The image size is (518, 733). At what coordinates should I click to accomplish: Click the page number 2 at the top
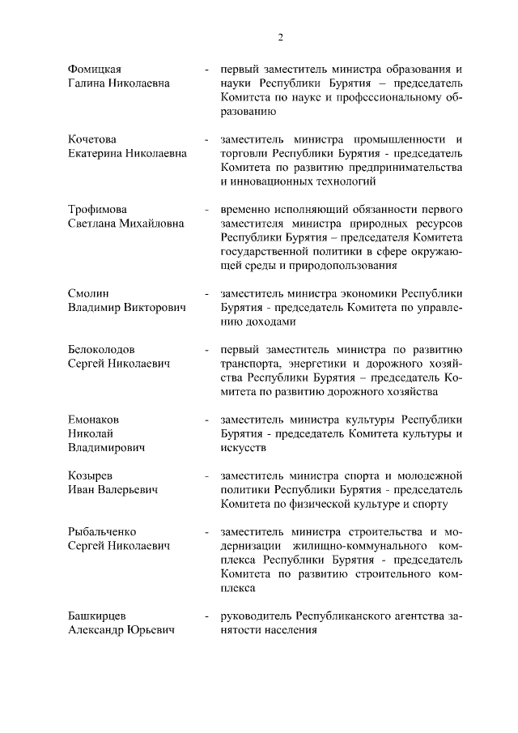[280, 36]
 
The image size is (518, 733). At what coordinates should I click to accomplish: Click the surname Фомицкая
[99, 69]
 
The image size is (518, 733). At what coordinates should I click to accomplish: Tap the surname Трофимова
[98, 209]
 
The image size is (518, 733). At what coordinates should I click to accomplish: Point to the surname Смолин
[88, 293]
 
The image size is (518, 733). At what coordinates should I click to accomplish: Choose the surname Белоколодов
[101, 350]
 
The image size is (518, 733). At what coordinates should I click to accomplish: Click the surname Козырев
[90, 475]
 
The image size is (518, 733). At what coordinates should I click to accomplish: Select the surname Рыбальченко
[101, 531]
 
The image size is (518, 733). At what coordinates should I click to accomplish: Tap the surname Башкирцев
[96, 616]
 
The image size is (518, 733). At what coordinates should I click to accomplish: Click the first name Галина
[87, 83]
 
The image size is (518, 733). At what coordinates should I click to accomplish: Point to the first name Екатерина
[96, 153]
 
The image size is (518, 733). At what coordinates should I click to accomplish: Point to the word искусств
[243, 447]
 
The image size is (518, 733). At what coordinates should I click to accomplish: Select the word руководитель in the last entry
[256, 616]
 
